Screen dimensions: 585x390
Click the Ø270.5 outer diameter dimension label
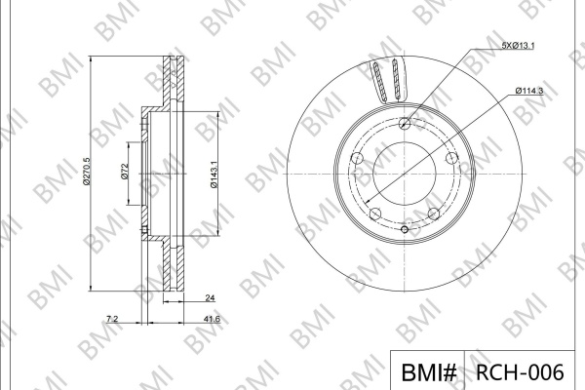tap(87, 172)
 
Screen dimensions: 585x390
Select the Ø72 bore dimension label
tap(125, 172)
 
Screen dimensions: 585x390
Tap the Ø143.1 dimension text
tap(214, 175)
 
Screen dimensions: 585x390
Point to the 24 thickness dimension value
tap(210, 297)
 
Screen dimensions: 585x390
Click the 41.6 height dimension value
tap(213, 319)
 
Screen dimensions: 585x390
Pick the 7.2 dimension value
tap(112, 319)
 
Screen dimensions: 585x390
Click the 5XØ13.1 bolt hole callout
tap(518, 46)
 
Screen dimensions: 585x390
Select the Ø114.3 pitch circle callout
tap(529, 91)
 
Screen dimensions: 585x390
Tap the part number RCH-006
tap(520, 372)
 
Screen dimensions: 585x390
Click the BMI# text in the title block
tap(428, 372)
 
